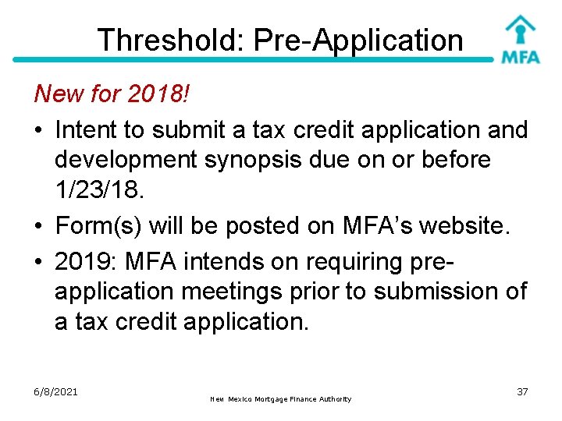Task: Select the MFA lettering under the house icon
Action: [x=520, y=58]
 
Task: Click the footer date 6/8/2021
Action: [x=55, y=391]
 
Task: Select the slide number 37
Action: [x=522, y=391]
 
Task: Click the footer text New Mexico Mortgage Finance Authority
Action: [x=281, y=399]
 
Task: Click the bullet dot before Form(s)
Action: [x=40, y=226]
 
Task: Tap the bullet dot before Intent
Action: [x=40, y=129]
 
